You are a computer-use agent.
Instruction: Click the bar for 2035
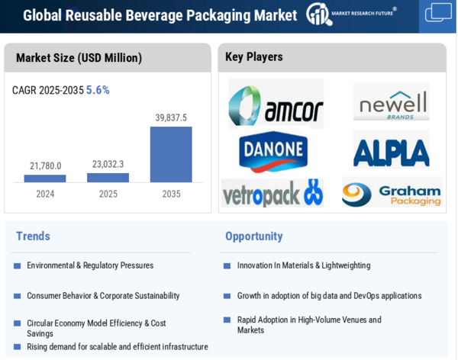point(171,154)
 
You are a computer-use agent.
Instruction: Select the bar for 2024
point(45,178)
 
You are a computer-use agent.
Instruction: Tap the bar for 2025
point(108,178)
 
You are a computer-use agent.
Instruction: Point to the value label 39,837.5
point(171,117)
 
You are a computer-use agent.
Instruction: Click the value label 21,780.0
point(45,166)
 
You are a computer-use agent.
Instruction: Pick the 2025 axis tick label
point(108,194)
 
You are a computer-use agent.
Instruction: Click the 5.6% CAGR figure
point(98,90)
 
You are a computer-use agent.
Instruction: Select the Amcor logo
point(276,105)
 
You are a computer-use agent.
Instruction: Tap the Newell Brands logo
point(391,102)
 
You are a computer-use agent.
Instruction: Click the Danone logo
point(273,151)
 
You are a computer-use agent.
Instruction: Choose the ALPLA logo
point(391,152)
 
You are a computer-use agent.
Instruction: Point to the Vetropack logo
point(273,193)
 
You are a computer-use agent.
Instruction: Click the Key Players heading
point(253,57)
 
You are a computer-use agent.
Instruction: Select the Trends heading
point(33,236)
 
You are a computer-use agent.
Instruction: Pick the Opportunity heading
point(253,236)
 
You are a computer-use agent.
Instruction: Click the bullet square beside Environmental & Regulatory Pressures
point(17,266)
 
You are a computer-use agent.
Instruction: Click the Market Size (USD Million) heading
point(79,58)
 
